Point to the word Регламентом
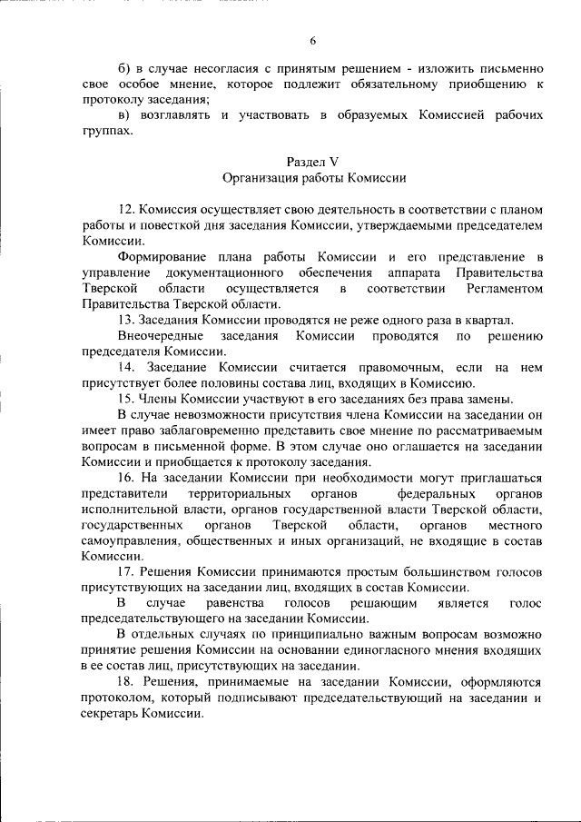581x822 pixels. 505,289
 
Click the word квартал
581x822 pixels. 490,320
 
